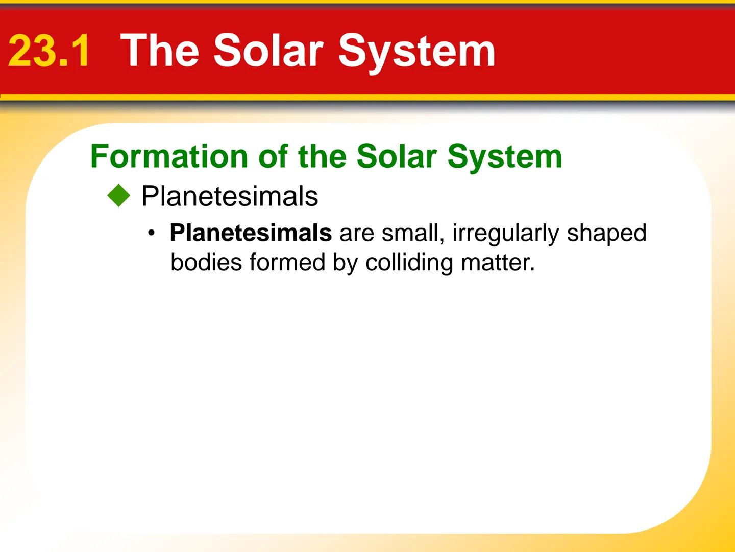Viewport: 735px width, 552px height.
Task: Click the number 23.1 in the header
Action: click(x=50, y=51)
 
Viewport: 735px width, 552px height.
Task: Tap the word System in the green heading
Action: click(x=505, y=157)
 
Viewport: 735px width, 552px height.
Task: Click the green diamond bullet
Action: click(x=119, y=196)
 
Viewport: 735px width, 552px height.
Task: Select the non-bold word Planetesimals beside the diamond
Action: click(x=230, y=196)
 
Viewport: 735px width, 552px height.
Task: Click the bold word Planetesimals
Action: click(x=251, y=233)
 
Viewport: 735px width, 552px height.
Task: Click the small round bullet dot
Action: click(x=151, y=234)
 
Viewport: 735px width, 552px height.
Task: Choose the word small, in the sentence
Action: click(x=413, y=233)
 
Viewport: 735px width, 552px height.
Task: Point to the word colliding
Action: click(x=409, y=263)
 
